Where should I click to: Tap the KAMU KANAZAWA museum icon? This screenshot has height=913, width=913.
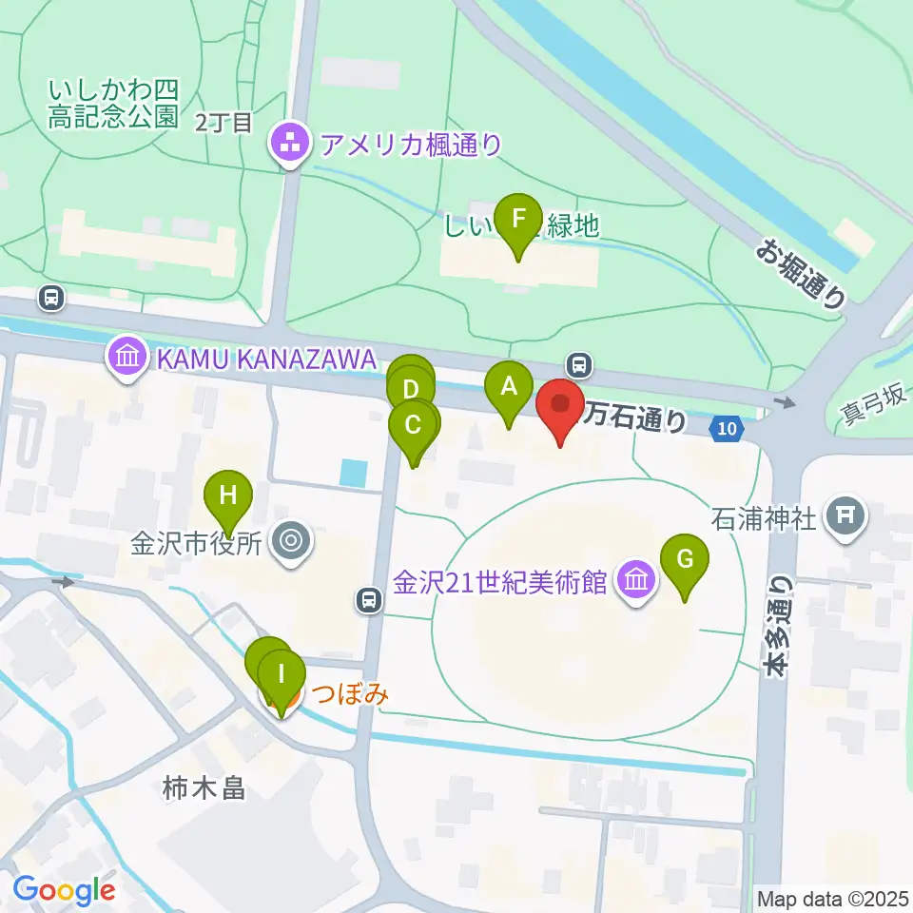[x=126, y=359]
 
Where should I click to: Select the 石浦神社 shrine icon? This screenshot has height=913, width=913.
[x=843, y=516]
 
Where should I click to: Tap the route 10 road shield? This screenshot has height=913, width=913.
[x=727, y=430]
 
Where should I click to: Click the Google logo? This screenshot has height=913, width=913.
[x=64, y=890]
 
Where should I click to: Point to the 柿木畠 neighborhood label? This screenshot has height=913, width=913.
[x=204, y=787]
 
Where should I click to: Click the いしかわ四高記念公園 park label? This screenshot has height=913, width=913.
[x=114, y=104]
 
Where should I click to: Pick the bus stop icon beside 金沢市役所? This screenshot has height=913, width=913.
[x=368, y=599]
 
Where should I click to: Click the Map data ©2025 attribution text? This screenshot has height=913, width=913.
[x=831, y=898]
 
